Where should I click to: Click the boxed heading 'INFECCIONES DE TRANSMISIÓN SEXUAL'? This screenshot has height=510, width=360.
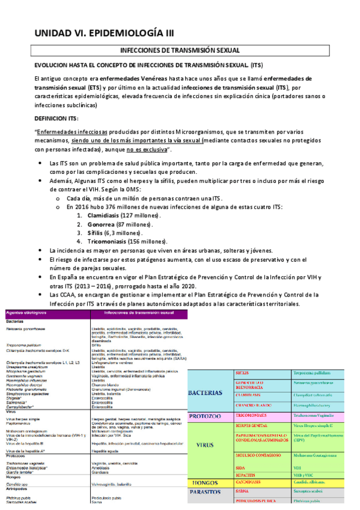[180, 51]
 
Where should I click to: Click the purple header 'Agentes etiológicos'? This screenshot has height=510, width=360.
[26, 313]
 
